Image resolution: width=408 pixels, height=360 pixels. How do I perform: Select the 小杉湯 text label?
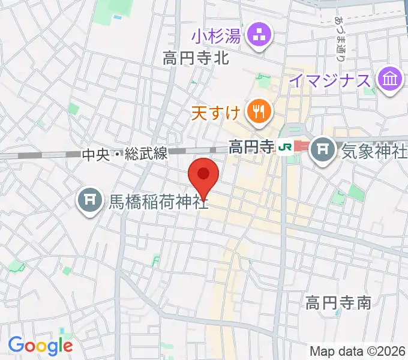click(x=217, y=37)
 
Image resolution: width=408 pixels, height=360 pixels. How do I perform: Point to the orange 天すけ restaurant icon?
click(x=259, y=111)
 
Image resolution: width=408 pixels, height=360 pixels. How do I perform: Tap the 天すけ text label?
click(x=217, y=112)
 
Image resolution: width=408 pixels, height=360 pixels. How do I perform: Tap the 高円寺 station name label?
click(x=251, y=146)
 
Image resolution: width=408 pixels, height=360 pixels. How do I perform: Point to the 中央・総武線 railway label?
click(x=124, y=155)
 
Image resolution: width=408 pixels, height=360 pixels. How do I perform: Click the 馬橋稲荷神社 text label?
click(x=158, y=202)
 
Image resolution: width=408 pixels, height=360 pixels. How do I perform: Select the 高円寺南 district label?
click(x=338, y=301)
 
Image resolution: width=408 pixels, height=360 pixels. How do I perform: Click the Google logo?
click(x=40, y=346)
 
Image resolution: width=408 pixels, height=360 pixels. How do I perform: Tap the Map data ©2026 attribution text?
click(x=358, y=351)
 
